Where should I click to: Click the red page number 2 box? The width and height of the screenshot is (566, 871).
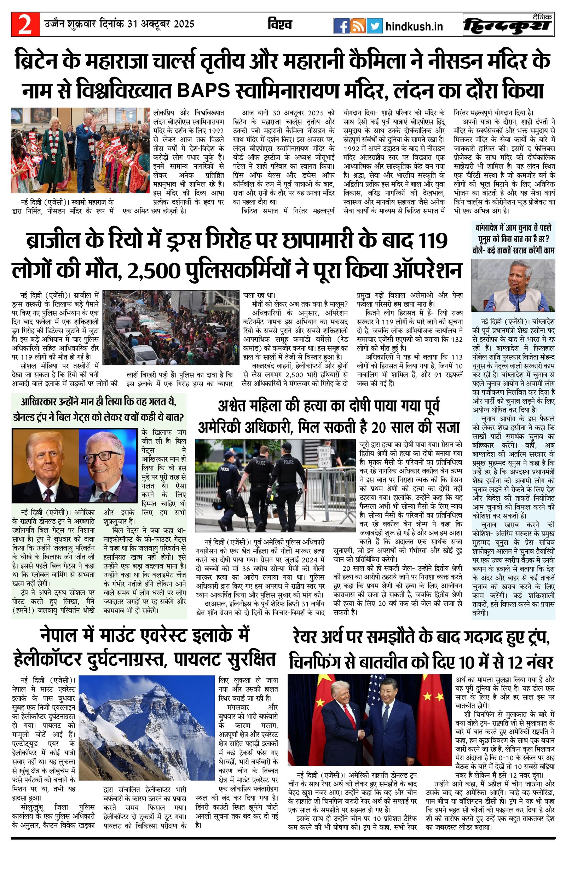(x=25, y=25)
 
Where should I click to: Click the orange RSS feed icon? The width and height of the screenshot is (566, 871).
(x=357, y=26)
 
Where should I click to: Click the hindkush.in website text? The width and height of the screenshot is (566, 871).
(x=414, y=26)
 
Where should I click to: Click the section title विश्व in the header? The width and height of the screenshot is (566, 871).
(x=279, y=24)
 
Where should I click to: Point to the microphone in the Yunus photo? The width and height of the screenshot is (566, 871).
(x=517, y=289)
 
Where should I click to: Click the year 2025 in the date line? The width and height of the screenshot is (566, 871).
(x=184, y=24)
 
